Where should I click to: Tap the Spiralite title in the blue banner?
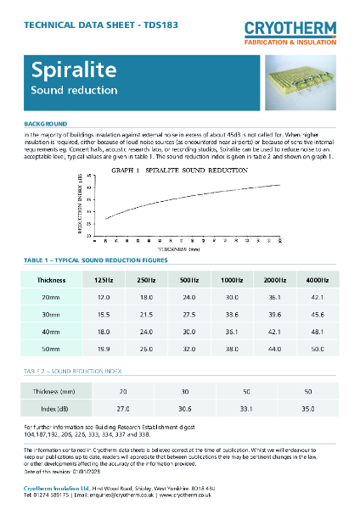coord(65,70)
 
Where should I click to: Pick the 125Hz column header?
coord(104,279)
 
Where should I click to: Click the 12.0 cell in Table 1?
coord(104,298)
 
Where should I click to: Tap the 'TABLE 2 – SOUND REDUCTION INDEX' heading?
coord(71,372)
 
